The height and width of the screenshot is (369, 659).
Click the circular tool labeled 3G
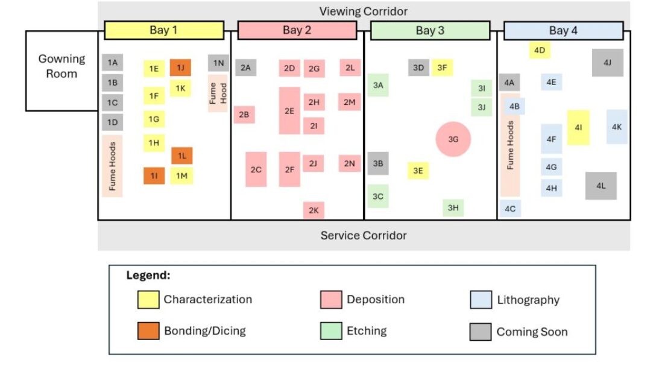click(x=453, y=139)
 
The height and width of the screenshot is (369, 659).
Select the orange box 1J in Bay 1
click(x=180, y=68)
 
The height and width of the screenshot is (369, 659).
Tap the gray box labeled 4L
click(x=601, y=186)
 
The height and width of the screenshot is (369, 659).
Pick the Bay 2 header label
click(x=297, y=30)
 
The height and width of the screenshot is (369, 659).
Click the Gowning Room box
click(x=61, y=71)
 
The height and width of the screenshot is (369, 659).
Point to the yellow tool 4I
click(x=578, y=127)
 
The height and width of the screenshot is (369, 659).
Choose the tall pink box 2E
click(x=289, y=110)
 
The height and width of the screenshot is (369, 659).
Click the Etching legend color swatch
click(x=331, y=331)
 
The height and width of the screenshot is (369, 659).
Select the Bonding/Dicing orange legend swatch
click(x=148, y=331)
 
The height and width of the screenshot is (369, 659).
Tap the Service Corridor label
click(x=364, y=235)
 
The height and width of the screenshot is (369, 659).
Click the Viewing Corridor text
click(x=364, y=11)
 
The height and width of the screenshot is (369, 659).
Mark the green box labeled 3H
click(x=453, y=208)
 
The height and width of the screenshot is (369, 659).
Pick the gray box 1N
click(x=218, y=63)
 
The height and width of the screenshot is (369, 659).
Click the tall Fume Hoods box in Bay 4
click(x=510, y=145)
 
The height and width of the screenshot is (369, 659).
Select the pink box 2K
click(x=314, y=210)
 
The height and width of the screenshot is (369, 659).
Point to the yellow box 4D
click(x=540, y=50)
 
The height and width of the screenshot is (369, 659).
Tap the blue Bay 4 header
click(x=563, y=30)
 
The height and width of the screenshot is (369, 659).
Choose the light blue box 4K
click(x=617, y=127)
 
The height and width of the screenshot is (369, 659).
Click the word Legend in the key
click(x=148, y=276)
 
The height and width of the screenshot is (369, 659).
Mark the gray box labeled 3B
click(x=378, y=163)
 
